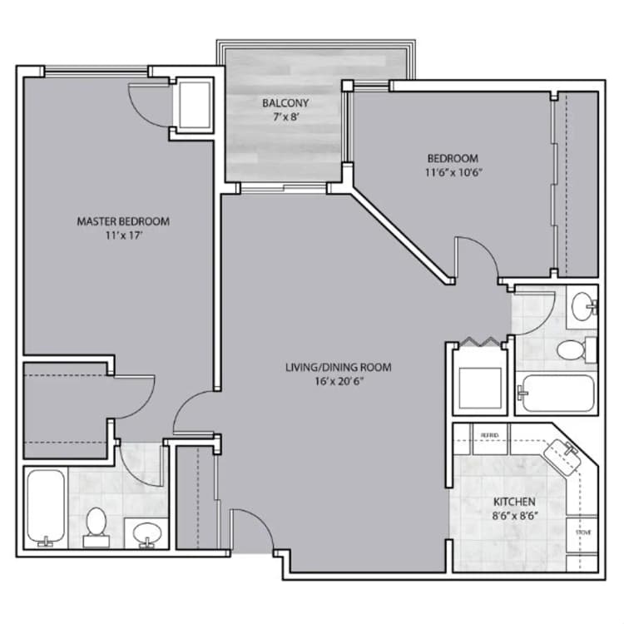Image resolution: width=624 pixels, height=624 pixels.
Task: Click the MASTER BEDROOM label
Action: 123,221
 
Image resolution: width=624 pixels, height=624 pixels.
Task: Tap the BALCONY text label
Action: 285,103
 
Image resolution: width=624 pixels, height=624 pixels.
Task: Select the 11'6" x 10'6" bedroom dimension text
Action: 453,173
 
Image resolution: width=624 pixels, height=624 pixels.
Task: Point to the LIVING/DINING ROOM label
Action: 338,367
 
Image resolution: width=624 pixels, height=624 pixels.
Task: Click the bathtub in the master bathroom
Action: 45,508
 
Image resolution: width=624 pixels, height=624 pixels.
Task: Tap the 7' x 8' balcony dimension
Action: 285,117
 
